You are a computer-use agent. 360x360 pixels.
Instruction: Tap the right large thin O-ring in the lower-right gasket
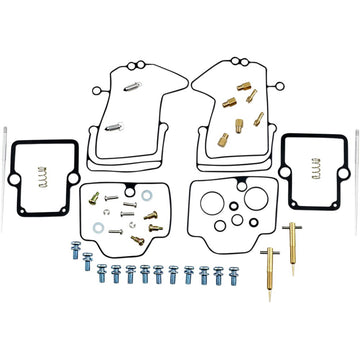point(261,220)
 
